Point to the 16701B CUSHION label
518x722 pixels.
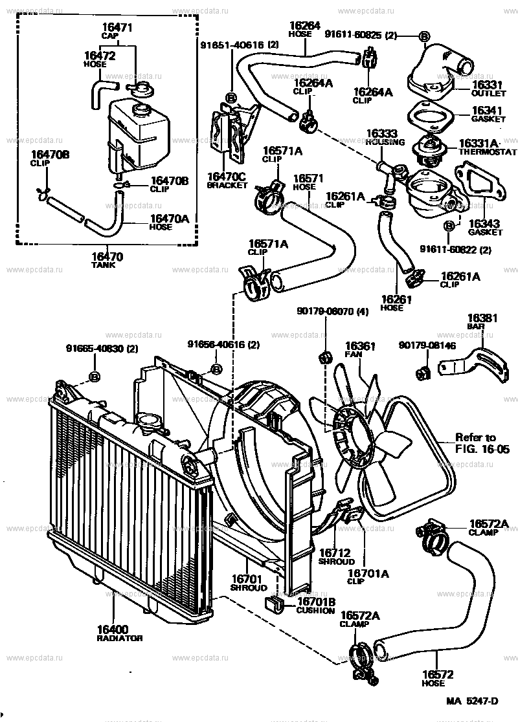[315, 606]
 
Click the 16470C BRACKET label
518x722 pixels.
[227, 179]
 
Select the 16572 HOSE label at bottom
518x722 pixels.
[434, 678]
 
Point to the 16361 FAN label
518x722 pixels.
[360, 350]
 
